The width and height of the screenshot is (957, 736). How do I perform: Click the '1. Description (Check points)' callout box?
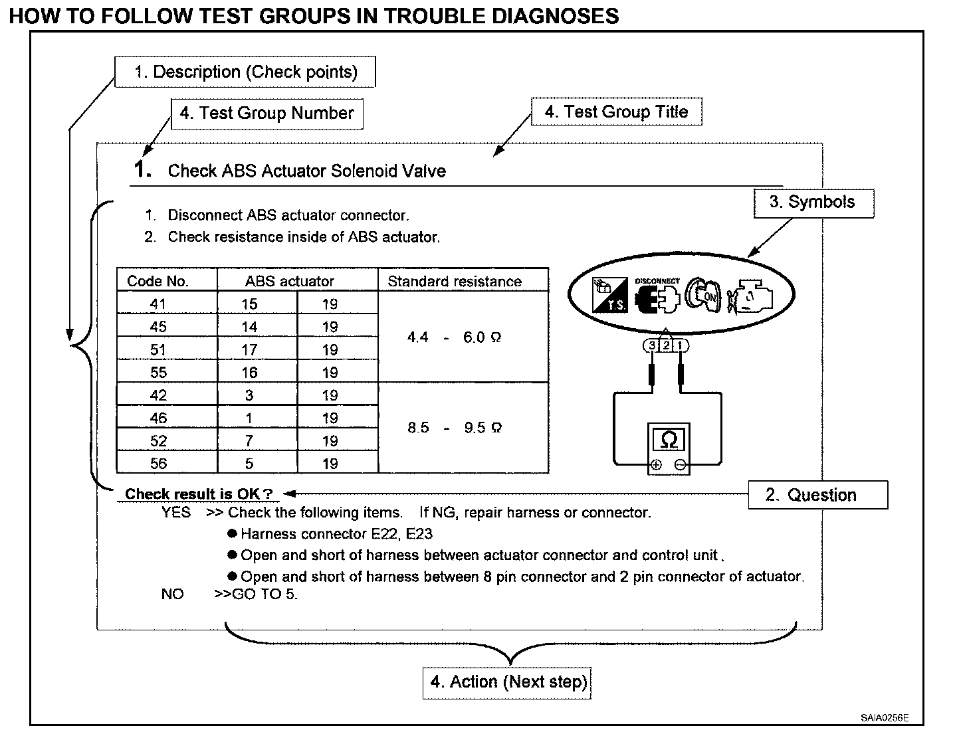click(245, 72)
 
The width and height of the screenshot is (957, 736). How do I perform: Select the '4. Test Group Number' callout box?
click(268, 113)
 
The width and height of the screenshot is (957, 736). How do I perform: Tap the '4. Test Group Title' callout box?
click(616, 112)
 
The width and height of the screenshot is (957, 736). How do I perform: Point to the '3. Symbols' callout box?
click(813, 203)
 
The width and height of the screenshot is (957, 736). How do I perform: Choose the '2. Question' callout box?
click(817, 495)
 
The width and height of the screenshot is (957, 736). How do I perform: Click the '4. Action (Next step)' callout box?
click(506, 682)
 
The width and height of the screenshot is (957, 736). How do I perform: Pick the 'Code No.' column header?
click(158, 281)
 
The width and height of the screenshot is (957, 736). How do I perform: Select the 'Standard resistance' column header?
click(455, 281)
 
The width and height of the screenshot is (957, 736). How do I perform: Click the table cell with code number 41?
click(158, 304)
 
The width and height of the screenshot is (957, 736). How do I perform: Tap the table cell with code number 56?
click(158, 463)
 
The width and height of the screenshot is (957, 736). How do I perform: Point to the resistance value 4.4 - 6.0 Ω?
click(455, 337)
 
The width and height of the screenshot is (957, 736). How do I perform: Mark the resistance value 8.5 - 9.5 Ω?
click(455, 428)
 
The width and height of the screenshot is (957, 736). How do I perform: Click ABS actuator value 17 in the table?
click(249, 349)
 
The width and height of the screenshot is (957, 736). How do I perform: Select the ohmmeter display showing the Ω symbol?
click(669, 440)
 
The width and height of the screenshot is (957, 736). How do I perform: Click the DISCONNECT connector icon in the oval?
click(657, 297)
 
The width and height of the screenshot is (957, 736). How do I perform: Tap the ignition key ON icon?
click(703, 296)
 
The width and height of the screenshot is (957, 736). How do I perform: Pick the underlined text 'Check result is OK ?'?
click(199, 494)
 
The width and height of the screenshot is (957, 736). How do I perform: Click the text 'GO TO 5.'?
click(265, 594)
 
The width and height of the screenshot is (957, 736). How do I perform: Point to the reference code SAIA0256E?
click(885, 717)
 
